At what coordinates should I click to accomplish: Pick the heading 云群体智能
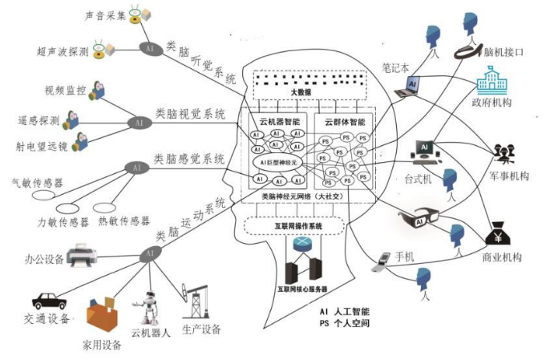(344, 123)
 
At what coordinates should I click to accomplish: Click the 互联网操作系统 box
(297, 227)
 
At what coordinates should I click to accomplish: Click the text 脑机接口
(504, 51)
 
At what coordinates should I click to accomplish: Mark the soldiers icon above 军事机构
(504, 152)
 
